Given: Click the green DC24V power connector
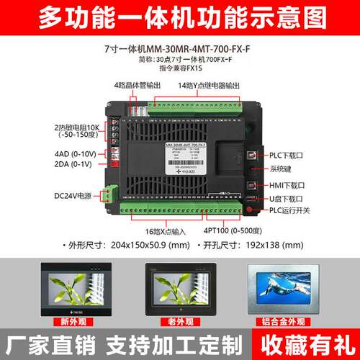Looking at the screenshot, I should tap(108, 194).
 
